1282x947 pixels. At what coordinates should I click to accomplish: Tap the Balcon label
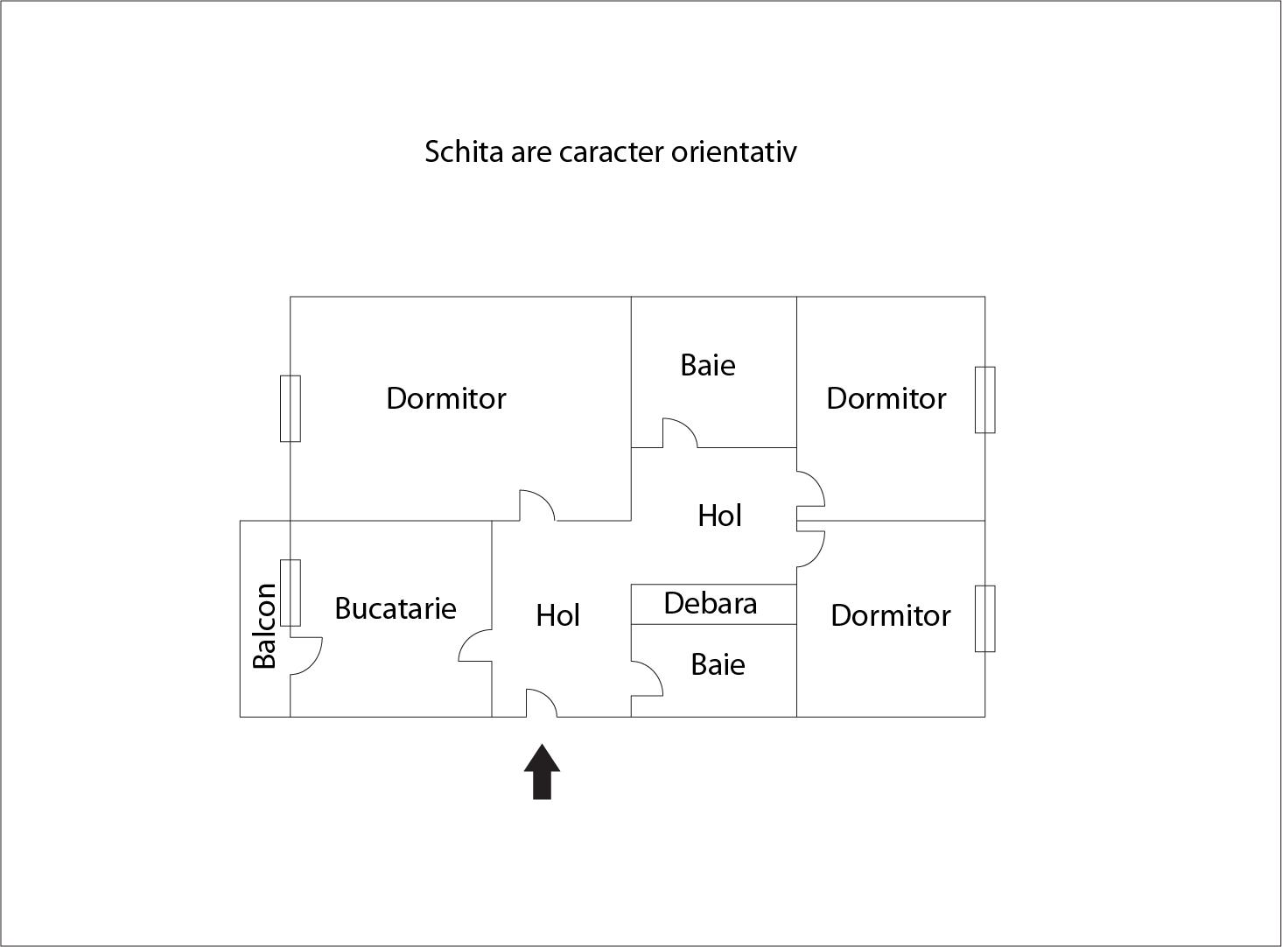[264, 626]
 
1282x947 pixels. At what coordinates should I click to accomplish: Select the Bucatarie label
[396, 608]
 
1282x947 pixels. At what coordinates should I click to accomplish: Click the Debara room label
[710, 604]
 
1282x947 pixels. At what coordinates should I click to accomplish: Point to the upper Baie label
[707, 365]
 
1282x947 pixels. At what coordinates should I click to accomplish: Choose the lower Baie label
[718, 665]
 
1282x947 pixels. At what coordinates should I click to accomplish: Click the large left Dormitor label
[445, 399]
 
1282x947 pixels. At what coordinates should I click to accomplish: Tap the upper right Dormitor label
[886, 399]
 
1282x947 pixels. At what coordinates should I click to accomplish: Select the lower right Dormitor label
[890, 616]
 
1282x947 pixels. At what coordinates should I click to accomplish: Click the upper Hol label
[719, 516]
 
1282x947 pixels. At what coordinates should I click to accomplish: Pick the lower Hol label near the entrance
[557, 616]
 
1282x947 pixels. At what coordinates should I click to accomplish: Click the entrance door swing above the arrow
[541, 703]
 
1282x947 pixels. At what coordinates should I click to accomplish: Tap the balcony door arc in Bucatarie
[305, 656]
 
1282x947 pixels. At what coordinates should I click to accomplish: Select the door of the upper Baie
[679, 433]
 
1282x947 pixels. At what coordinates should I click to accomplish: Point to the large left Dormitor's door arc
[536, 505]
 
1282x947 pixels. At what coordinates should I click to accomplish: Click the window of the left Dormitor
[290, 408]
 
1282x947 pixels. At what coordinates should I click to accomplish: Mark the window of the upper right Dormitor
[984, 399]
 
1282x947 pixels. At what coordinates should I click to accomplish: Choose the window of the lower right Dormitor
[984, 618]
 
